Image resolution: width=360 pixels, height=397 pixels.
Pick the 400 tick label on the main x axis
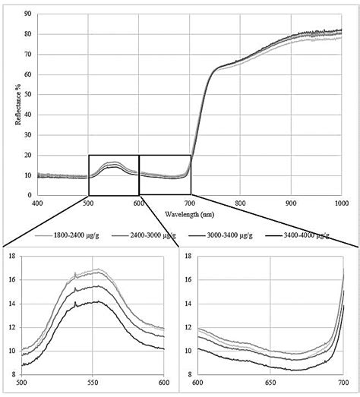pos(38,203)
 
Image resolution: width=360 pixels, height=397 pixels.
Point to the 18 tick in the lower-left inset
pos(11,257)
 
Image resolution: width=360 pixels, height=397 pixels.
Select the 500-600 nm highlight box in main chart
pos(113,174)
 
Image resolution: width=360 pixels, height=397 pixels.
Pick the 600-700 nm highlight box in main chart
pos(164,174)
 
